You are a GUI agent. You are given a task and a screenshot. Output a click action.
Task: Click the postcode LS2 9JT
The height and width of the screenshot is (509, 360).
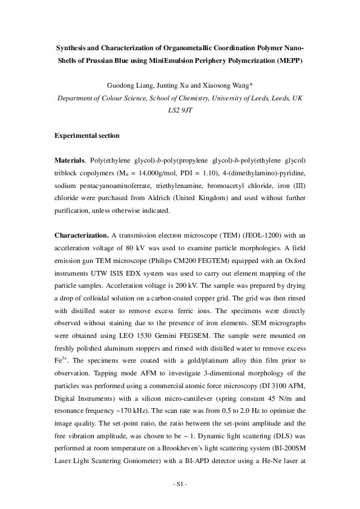(x=180, y=111)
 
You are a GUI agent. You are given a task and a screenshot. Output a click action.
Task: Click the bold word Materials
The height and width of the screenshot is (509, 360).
(x=70, y=160)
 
